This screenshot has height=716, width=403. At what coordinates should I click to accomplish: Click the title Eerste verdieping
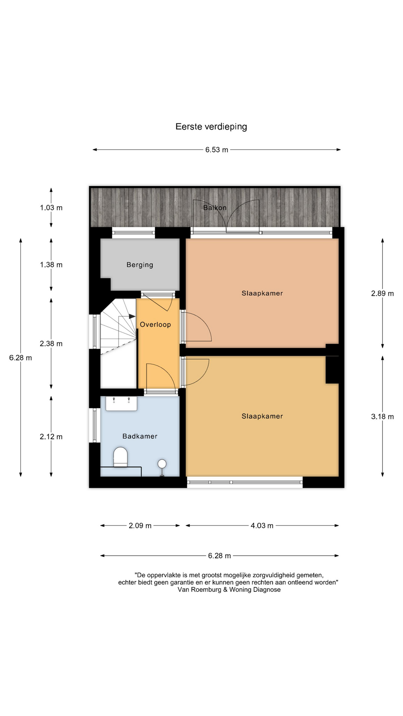[x=211, y=127]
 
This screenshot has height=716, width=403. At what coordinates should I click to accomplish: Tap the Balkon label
[x=215, y=208]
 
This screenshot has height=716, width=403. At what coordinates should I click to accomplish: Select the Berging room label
[x=140, y=265]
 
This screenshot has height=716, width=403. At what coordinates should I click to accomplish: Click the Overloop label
[x=155, y=325]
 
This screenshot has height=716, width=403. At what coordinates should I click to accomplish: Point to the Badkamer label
[x=140, y=436]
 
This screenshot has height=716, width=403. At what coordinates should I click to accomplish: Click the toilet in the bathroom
[x=120, y=457]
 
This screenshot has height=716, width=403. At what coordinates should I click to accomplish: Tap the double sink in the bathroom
[x=121, y=403]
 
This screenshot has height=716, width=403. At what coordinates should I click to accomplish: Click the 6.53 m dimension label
[x=217, y=150]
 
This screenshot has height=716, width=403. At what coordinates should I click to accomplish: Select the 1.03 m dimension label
[x=51, y=208]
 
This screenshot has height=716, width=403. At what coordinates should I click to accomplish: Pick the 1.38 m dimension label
[x=51, y=265]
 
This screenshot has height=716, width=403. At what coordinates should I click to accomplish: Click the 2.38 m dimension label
[x=51, y=344]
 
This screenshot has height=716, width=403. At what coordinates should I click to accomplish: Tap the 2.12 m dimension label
[x=51, y=437]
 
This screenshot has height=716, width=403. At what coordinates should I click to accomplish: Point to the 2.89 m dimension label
[x=382, y=293]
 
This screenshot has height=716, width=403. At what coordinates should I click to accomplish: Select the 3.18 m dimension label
[x=382, y=417]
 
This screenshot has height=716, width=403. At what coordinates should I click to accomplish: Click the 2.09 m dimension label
[x=140, y=526]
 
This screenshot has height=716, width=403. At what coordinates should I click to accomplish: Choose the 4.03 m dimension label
[x=262, y=526]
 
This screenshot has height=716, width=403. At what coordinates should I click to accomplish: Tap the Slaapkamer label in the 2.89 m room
[x=262, y=293]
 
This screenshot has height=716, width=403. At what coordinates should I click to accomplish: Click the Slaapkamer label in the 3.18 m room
[x=262, y=417]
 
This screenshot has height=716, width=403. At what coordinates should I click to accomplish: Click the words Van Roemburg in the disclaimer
[x=199, y=590]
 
